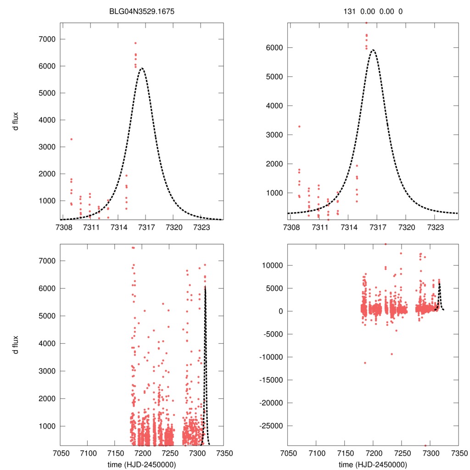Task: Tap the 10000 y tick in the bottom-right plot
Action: [x=271, y=265]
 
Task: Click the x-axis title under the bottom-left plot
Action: [x=142, y=464]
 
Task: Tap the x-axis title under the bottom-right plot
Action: [x=373, y=464]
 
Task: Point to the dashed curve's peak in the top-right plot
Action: [x=373, y=50]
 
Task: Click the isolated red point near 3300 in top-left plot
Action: [x=71, y=139]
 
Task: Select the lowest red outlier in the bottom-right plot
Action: [x=425, y=445]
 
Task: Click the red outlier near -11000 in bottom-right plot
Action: [x=365, y=363]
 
